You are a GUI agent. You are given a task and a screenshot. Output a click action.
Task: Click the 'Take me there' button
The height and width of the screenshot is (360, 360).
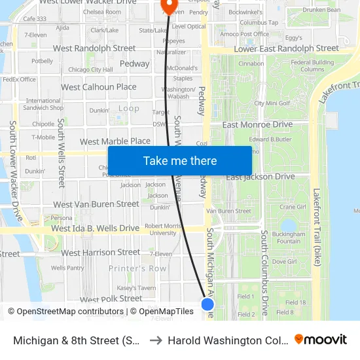[x=179, y=161]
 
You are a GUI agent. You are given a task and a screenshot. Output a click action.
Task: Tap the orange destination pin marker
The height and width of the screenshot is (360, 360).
[x=169, y=6]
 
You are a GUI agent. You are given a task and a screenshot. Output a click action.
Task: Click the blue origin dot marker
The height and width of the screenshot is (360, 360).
[x=207, y=304]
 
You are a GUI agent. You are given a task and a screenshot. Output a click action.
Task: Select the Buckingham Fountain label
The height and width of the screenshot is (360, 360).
[x=288, y=237]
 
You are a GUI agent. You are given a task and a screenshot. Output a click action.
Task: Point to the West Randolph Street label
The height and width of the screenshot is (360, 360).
[x=94, y=48]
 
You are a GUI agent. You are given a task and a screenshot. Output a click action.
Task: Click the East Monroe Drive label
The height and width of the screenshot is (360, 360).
[x=257, y=124]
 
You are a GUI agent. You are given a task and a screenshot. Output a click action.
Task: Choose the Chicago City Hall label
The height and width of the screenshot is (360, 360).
[x=90, y=69]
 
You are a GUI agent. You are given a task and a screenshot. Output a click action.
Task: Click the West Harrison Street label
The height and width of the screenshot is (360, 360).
[x=101, y=252]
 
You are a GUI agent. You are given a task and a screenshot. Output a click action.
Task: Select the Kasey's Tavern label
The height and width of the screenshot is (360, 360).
[x=136, y=288]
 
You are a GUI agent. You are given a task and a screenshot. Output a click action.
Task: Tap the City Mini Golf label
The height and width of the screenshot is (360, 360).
[x=272, y=103]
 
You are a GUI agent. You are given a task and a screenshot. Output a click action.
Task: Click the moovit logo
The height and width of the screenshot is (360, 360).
[x=321, y=340]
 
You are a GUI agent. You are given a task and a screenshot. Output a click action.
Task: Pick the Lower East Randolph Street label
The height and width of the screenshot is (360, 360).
[x=287, y=48]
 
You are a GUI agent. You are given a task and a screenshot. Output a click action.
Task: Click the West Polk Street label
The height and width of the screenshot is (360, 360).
[x=111, y=298]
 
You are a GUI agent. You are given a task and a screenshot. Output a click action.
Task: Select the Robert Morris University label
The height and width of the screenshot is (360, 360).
[x=163, y=228]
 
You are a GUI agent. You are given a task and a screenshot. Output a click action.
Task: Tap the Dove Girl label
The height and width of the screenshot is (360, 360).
[x=285, y=261]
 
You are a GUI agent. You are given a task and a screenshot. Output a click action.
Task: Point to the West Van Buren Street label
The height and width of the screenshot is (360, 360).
[x=96, y=204]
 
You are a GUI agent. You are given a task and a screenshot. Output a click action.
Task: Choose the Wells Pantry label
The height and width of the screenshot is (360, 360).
[x=67, y=268]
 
